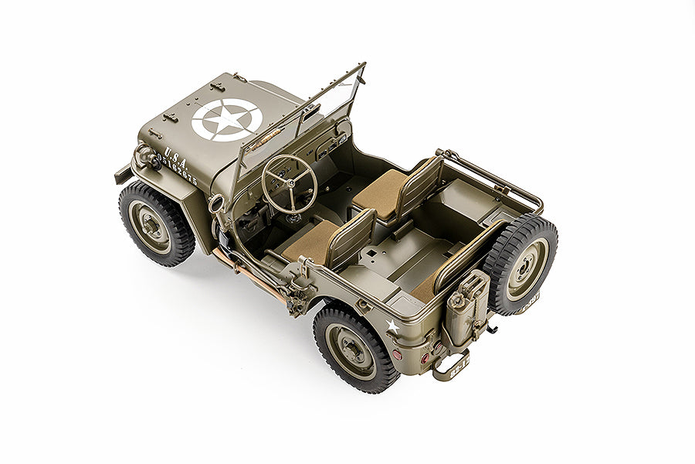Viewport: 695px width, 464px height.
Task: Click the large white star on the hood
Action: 226,120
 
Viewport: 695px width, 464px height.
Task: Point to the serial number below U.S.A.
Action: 178,172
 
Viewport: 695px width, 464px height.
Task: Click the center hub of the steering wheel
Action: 290,182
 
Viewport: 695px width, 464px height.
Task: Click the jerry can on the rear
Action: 468,309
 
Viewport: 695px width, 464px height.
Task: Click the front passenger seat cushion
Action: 379,190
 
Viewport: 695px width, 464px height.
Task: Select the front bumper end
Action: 123,174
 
